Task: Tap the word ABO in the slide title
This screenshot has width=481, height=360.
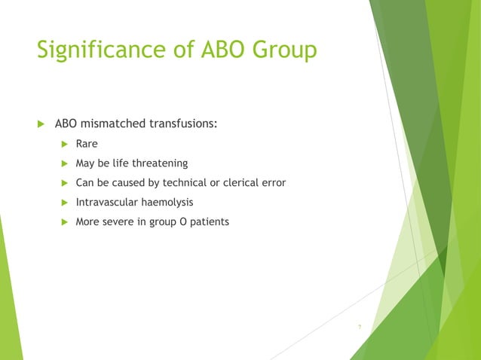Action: click(x=224, y=52)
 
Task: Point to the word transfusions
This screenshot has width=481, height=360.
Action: click(x=184, y=123)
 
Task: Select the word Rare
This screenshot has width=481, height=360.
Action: click(x=87, y=143)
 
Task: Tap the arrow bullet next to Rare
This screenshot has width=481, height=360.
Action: click(x=64, y=143)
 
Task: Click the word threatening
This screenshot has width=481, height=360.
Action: click(x=161, y=163)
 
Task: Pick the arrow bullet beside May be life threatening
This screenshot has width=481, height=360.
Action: click(x=64, y=163)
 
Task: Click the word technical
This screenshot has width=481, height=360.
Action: click(x=180, y=182)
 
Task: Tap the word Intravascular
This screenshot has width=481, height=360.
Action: click(x=106, y=202)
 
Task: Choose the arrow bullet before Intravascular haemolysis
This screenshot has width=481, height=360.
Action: click(x=64, y=202)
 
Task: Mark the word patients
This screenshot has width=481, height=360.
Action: click(x=209, y=222)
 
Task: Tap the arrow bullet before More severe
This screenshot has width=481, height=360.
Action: click(x=64, y=222)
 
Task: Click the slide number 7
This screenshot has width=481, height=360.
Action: click(x=360, y=327)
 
